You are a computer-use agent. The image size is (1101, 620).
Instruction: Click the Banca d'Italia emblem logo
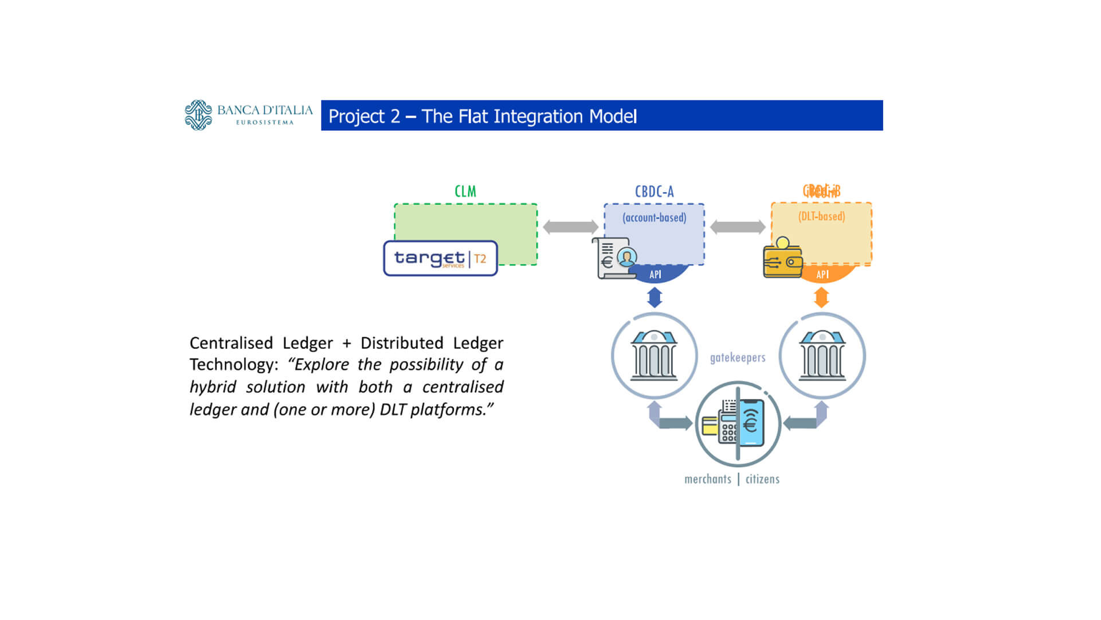[x=198, y=115]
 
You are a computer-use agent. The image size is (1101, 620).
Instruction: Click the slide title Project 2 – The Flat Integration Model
[x=482, y=116]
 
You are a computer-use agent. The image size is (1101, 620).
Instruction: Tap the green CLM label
[x=465, y=192]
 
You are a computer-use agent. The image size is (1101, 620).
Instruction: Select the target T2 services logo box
[x=440, y=259]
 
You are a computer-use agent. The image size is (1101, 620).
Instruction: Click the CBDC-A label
[x=654, y=192]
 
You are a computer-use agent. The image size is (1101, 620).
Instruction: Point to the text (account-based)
[x=654, y=218]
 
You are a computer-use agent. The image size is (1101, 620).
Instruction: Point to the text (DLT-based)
[x=821, y=217]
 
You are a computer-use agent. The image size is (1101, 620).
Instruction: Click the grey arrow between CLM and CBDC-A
[x=570, y=227]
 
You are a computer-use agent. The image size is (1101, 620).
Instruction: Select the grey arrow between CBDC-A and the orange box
[x=738, y=227]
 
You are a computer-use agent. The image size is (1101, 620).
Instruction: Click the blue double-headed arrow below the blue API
[x=655, y=298]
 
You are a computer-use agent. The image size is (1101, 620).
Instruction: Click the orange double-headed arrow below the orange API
[x=821, y=298]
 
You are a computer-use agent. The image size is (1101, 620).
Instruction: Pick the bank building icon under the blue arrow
[x=654, y=356]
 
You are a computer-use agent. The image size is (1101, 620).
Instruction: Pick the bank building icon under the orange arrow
[x=822, y=356]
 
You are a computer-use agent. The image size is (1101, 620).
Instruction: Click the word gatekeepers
[x=738, y=358]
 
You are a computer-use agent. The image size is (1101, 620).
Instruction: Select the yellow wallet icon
[x=782, y=260]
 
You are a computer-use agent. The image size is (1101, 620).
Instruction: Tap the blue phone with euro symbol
[x=751, y=423]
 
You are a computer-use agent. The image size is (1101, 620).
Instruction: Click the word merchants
[x=708, y=479]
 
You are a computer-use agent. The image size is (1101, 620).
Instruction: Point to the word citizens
[x=762, y=479]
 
